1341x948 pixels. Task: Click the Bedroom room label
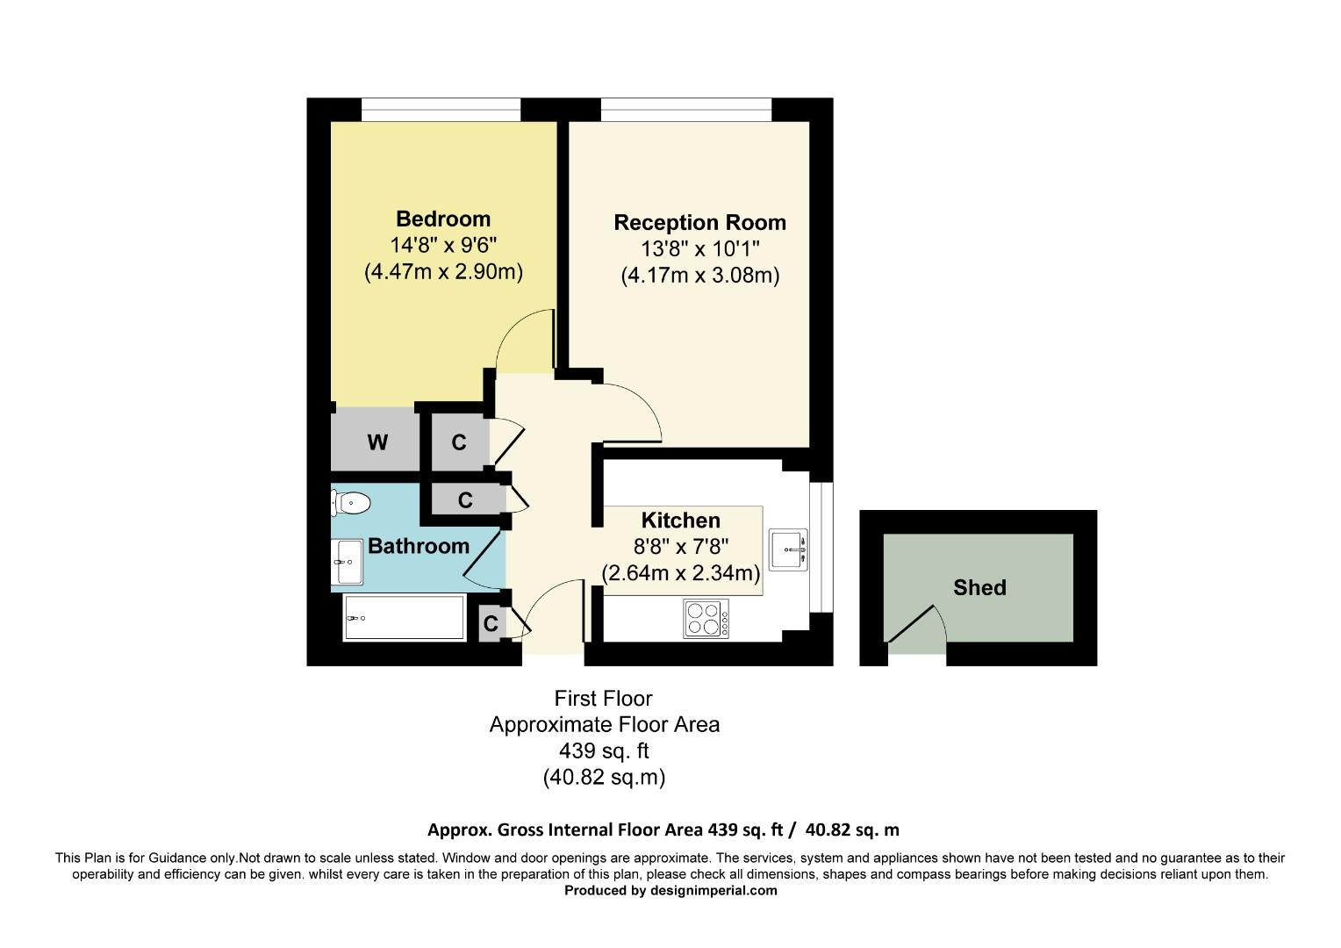click(442, 219)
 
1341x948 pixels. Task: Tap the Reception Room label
click(699, 223)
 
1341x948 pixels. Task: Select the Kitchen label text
click(680, 521)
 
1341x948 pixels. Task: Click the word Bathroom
click(418, 546)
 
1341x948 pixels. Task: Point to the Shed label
click(979, 588)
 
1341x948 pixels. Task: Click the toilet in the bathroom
click(351, 503)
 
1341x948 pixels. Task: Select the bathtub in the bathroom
click(404, 618)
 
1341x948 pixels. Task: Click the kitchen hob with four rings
click(706, 618)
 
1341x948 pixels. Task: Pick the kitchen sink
click(788, 550)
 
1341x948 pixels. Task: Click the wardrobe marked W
click(376, 442)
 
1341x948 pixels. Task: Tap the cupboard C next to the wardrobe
click(458, 442)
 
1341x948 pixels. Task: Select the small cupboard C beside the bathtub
click(490, 624)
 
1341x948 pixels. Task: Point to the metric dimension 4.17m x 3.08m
click(699, 276)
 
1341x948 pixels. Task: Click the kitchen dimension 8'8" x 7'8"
click(680, 547)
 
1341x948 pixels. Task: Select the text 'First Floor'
click(603, 699)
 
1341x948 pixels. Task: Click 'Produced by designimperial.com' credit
click(670, 890)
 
